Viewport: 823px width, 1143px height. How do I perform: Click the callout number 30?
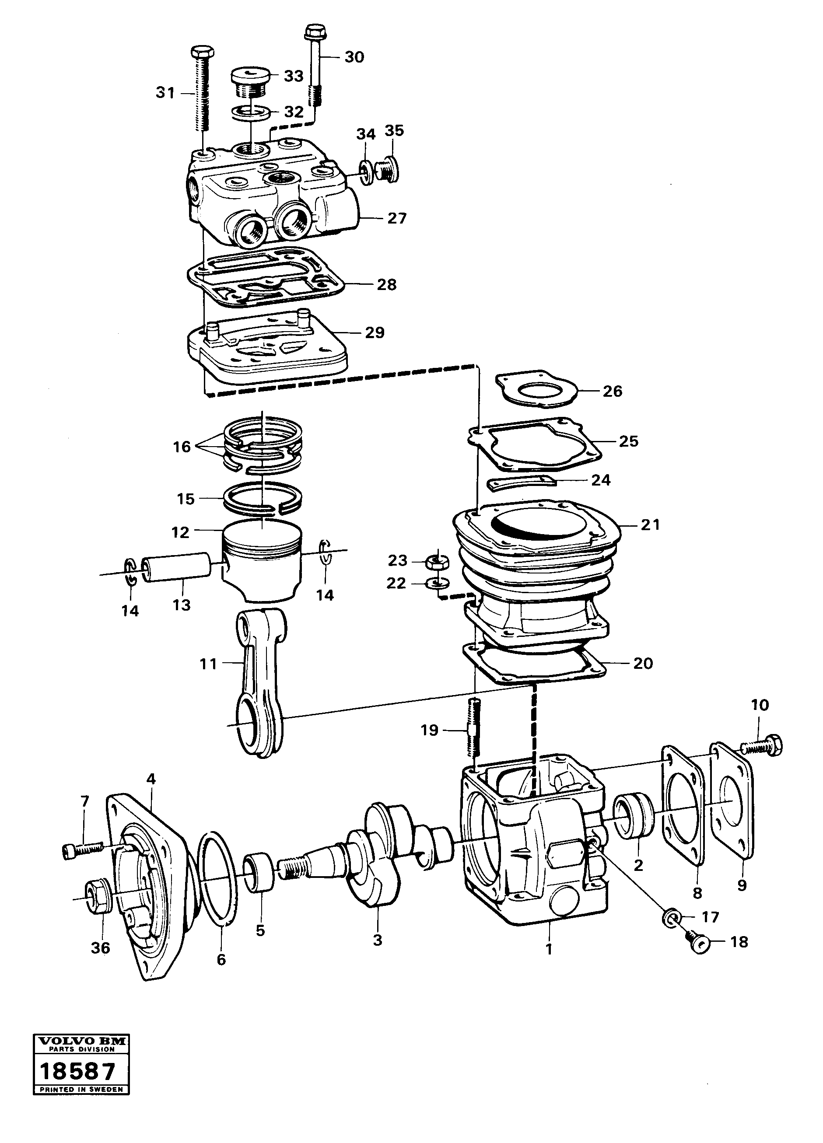(354, 57)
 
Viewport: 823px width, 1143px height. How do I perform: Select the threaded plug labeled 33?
(250, 80)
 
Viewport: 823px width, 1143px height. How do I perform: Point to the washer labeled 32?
(250, 112)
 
